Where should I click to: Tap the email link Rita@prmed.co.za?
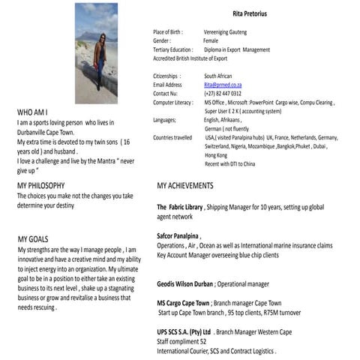tap(223, 85)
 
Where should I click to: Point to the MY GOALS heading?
tap(34, 238)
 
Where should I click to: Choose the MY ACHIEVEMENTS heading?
tap(196, 185)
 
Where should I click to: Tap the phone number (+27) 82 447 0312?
tap(225, 93)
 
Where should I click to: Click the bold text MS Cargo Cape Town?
tap(182, 303)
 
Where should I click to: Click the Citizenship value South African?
tap(221, 76)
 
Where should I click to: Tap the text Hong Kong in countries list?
tap(217, 155)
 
